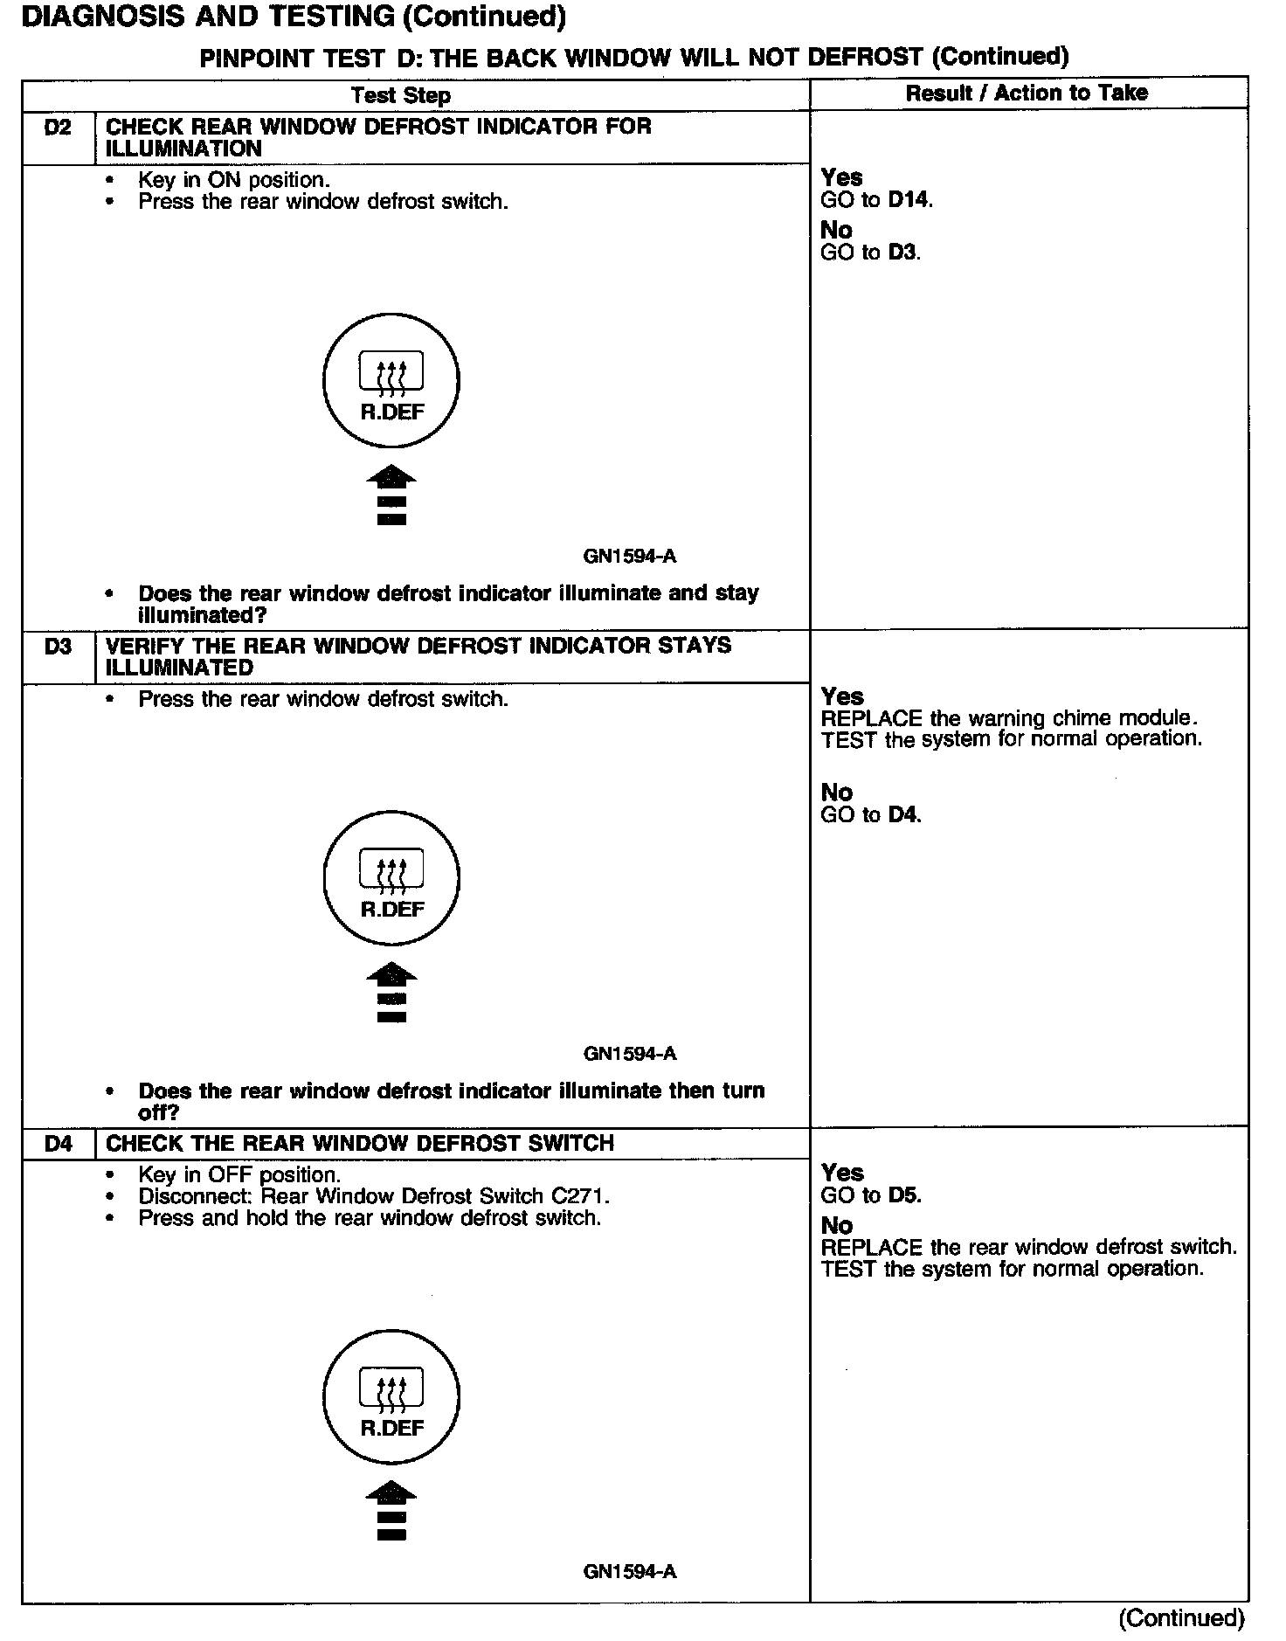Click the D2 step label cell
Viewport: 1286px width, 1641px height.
pos(58,128)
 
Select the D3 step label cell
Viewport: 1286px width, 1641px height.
pos(58,647)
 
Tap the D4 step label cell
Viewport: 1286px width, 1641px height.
pos(58,1143)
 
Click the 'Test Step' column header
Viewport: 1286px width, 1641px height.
pos(401,95)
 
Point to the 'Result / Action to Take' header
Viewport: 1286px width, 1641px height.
pos(1027,93)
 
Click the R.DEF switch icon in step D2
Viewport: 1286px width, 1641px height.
pos(391,383)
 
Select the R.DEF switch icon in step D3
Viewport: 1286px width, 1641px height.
pos(391,878)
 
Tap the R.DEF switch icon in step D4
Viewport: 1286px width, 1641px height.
pos(391,1397)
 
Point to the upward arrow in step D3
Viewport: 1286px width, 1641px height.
pos(391,993)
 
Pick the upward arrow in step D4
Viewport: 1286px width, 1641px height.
pos(391,1512)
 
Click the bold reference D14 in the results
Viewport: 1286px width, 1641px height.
pos(909,200)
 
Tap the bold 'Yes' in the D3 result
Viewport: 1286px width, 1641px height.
pos(842,696)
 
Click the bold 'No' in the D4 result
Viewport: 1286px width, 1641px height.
pos(836,1225)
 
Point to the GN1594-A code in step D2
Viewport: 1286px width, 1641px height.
pos(629,557)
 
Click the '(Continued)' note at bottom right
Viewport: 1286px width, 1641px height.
pos(1181,1617)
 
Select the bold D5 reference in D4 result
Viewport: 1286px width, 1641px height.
pos(903,1195)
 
